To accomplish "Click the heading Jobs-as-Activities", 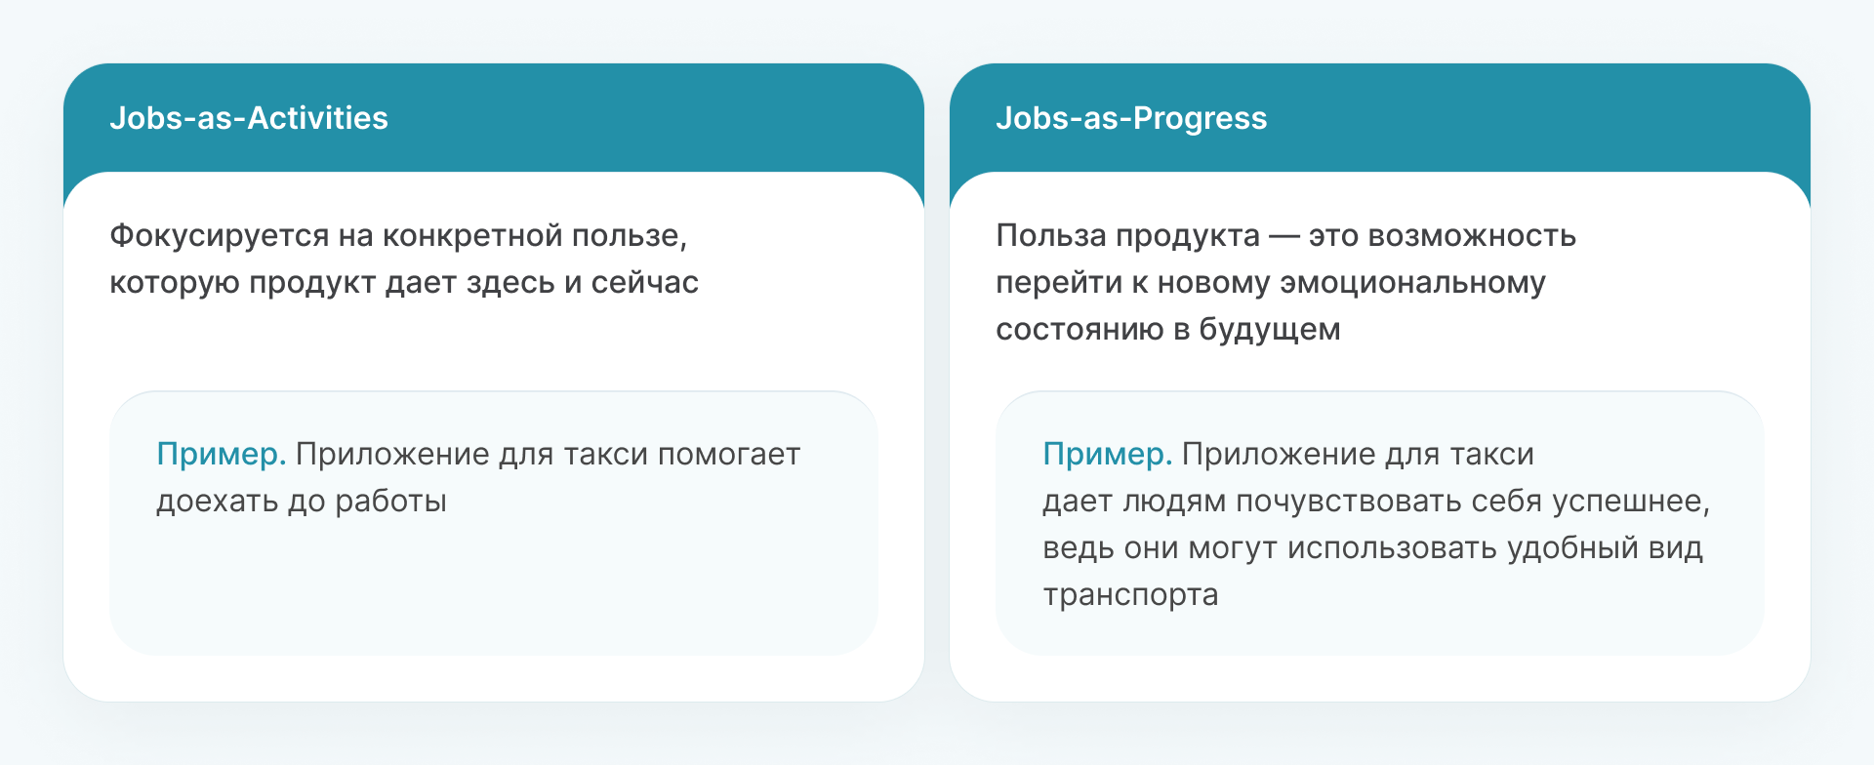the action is (249, 118).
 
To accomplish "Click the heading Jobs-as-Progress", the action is (1131, 118).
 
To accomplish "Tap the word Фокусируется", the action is (220, 237).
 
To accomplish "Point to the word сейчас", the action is (645, 283).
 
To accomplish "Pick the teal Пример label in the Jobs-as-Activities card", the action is (222, 455).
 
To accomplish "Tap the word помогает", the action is (729, 455).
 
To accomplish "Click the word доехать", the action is (217, 502).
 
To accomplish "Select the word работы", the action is (390, 502).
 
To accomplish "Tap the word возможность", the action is (1472, 236).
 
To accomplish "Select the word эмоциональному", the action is (1412, 284).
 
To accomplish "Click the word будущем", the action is (1270, 330).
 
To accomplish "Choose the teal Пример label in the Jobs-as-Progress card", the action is (1108, 455).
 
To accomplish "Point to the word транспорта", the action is (1130, 596).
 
